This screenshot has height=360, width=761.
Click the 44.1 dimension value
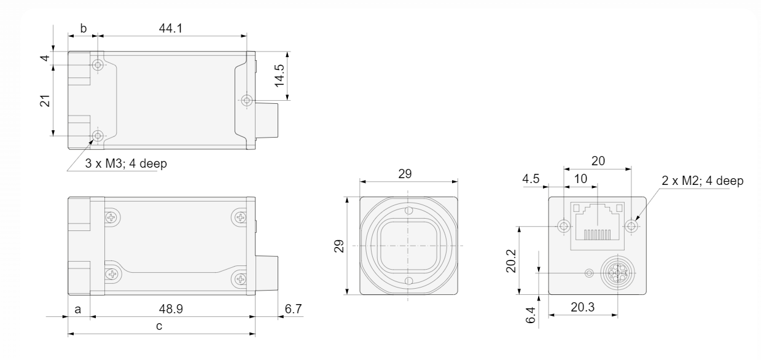[171, 28]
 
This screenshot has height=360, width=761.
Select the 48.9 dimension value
[171, 308]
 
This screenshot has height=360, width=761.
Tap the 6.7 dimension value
[293, 308]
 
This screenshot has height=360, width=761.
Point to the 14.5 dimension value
[279, 76]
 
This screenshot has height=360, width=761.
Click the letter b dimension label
[84, 28]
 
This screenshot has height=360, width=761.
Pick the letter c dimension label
[159, 326]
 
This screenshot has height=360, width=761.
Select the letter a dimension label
[78, 310]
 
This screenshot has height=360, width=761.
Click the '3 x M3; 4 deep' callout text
[126, 163]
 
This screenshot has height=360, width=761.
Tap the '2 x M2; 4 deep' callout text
[703, 181]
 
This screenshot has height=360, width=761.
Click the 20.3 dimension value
[583, 307]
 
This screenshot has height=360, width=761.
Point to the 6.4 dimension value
[530, 315]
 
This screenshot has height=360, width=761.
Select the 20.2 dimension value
[511, 261]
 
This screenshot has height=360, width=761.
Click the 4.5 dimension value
[531, 179]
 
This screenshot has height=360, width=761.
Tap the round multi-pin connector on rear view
[618, 273]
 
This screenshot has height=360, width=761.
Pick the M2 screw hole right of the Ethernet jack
[631, 225]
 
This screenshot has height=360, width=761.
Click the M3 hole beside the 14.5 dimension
[247, 100]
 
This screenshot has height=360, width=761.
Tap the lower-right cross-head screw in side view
[241, 280]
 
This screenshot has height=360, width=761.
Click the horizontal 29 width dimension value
[405, 174]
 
